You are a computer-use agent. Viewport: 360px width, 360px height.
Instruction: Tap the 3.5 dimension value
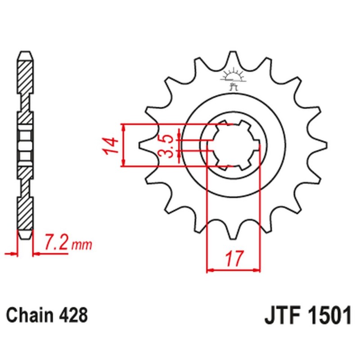167,145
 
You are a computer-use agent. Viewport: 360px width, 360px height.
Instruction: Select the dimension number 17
233,259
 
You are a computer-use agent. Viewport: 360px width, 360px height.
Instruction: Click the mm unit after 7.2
82,245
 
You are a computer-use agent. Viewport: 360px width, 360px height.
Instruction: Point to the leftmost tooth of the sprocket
143,145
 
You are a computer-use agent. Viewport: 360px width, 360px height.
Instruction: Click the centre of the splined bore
233,145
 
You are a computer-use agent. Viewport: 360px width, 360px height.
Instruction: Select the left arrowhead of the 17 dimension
209,270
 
